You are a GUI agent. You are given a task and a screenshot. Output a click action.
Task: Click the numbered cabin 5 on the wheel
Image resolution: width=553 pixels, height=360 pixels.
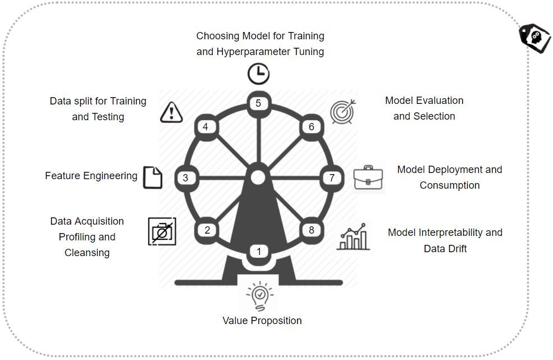258,103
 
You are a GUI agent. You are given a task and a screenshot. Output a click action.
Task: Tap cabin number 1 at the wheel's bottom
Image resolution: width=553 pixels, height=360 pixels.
259,252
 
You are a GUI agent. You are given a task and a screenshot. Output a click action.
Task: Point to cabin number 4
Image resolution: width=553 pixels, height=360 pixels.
205,127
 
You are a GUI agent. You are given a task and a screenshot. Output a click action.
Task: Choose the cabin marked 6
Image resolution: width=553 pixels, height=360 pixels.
312,127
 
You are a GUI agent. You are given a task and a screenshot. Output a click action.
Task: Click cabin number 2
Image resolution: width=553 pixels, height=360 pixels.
207,230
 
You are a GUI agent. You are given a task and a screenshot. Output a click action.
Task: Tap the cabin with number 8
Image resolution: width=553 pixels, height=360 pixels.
312,230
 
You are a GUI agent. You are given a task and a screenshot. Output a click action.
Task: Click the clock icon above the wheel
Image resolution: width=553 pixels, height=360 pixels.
258,74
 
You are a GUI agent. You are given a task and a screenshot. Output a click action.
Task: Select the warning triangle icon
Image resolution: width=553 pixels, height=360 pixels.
171,112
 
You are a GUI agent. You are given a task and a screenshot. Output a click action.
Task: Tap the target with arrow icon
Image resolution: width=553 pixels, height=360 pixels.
341,112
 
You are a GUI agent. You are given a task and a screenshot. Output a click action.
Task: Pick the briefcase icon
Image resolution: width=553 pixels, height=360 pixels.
368,177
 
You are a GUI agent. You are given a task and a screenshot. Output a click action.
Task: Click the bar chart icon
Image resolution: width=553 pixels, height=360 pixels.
354,236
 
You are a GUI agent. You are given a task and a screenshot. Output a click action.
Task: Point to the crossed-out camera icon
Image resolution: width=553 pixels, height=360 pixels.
162,231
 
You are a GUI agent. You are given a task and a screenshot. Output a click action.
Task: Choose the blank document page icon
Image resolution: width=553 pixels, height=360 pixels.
152,177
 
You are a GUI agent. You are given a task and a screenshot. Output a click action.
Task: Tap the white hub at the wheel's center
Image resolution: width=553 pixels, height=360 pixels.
258,177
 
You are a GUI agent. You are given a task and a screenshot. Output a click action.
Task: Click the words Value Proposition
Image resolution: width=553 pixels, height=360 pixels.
262,321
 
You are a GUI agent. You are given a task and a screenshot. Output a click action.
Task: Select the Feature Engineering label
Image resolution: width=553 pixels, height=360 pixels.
91,176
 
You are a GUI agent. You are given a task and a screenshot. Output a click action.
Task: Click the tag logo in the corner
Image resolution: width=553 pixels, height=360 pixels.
534,38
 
